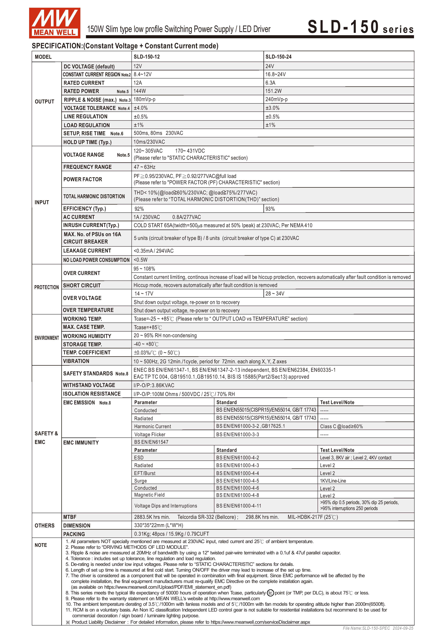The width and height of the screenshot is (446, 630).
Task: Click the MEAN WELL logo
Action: coord(55,23)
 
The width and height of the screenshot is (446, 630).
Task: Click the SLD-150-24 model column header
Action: coord(278,57)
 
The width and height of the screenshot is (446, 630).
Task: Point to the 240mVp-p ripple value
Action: coord(276,99)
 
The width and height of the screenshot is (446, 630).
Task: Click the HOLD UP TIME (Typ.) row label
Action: coord(87,142)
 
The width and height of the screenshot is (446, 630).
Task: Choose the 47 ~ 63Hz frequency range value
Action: coord(145,167)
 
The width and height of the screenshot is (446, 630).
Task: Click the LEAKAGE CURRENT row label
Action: coord(87,251)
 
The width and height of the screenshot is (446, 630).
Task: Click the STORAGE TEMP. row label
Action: coord(82,344)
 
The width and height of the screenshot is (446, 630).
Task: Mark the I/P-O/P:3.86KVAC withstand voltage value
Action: coord(154,385)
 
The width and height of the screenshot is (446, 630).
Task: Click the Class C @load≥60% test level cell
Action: coord(341,426)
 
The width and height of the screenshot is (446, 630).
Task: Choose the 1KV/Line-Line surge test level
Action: coord(333,481)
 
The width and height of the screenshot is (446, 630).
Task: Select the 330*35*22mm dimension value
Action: coord(159,525)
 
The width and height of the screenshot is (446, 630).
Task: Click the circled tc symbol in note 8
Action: coord(270,593)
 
